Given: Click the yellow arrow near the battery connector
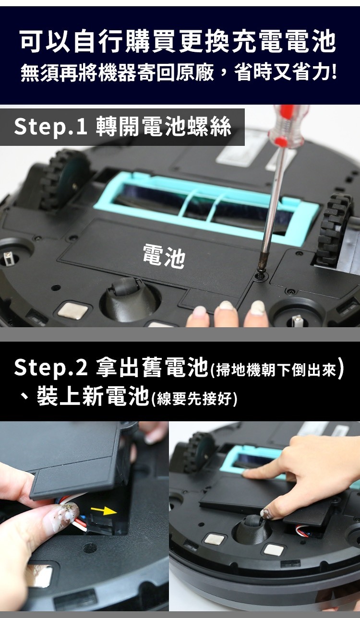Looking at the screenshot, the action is point(104,511).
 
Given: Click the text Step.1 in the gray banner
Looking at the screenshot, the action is point(50,127).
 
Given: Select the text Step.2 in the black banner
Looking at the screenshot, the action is point(50,368).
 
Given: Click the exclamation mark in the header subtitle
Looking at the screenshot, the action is point(335,72).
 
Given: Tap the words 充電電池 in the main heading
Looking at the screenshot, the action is point(285,42).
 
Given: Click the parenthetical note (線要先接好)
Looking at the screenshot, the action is point(194,399).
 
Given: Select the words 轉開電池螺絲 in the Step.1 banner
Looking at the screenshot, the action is point(163,127).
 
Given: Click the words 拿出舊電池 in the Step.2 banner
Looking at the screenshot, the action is point(152,368).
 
